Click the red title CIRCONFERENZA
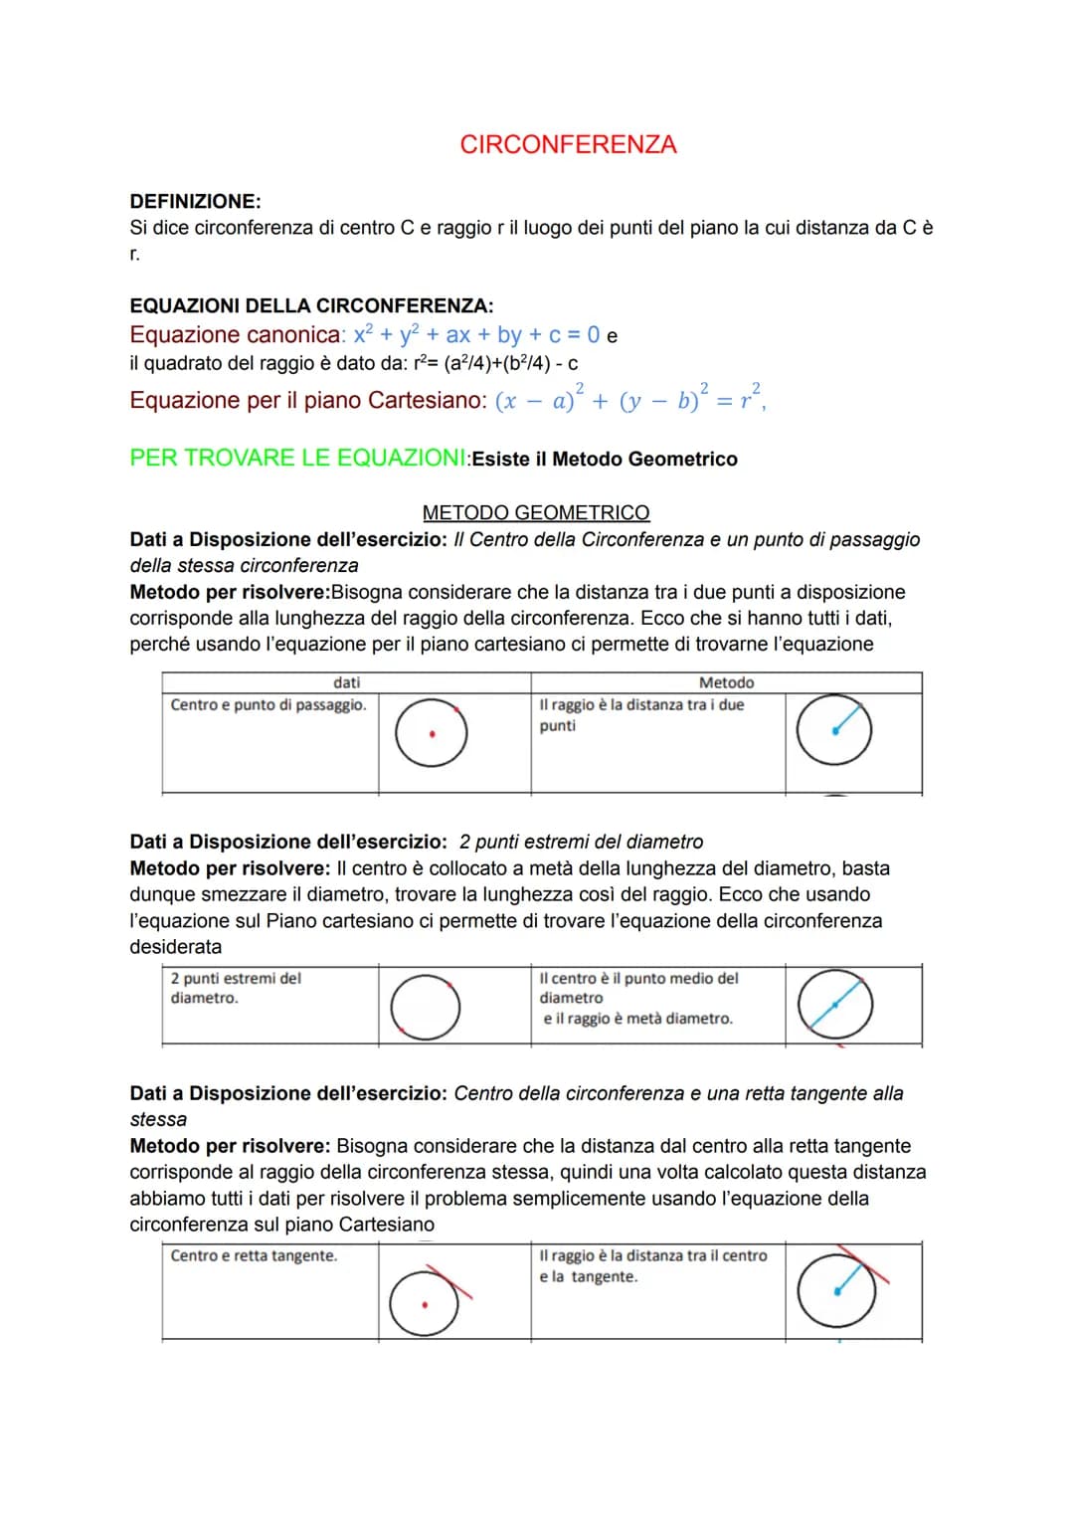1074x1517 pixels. click(568, 145)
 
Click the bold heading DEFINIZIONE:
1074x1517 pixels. click(195, 201)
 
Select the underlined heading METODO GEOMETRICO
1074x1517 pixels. click(536, 512)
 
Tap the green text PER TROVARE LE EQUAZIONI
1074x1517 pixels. click(297, 459)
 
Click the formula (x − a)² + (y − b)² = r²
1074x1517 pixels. click(629, 400)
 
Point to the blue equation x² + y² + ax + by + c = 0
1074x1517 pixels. click(477, 335)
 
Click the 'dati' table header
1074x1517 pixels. click(346, 682)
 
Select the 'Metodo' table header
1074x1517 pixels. click(726, 682)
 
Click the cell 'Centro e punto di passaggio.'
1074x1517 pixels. click(268, 705)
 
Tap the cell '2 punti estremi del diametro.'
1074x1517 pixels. click(236, 988)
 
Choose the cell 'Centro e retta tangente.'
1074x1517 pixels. click(254, 1256)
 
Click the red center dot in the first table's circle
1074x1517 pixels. click(432, 735)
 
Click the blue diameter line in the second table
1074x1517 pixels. click(835, 1005)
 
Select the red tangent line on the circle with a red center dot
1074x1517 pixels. click(449, 1282)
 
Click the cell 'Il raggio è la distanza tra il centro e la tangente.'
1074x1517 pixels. click(653, 1266)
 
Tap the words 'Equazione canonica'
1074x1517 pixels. click(236, 335)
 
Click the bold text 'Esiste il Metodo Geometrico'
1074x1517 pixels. click(605, 460)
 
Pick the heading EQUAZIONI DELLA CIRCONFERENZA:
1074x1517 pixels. click(311, 306)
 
